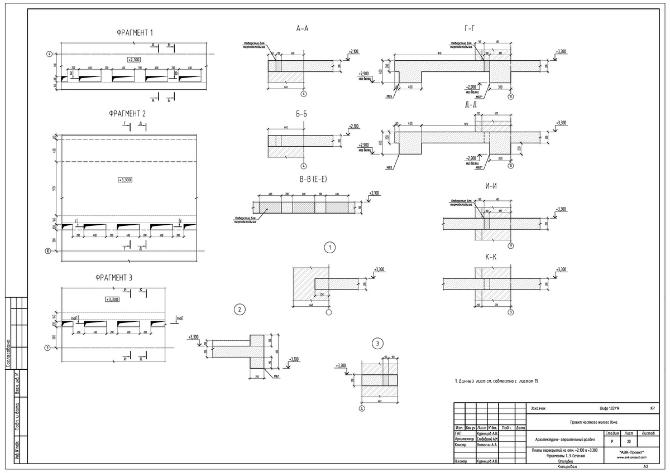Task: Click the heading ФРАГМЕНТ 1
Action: (x=135, y=33)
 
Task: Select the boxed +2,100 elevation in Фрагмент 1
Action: (x=133, y=59)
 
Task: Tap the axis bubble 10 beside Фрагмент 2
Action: (x=48, y=251)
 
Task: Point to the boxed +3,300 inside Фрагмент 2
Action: (x=126, y=180)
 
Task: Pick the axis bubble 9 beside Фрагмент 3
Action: (x=48, y=348)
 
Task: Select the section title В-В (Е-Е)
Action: (x=305, y=180)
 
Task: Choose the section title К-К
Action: (x=491, y=258)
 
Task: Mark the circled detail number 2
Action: (x=239, y=310)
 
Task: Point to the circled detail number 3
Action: (x=377, y=343)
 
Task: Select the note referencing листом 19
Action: (x=496, y=381)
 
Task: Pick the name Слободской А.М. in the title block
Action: (x=487, y=439)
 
